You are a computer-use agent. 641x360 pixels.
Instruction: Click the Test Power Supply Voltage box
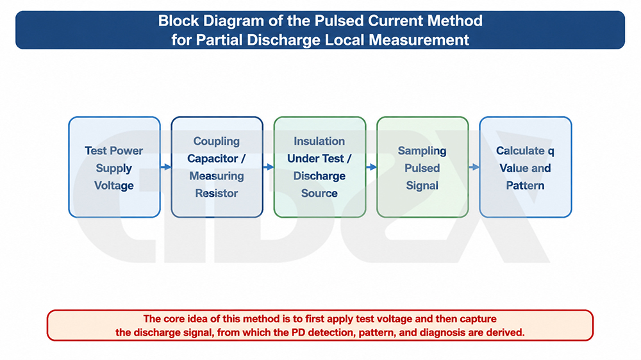(x=115, y=167)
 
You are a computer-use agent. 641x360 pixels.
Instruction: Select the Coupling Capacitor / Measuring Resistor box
(x=217, y=167)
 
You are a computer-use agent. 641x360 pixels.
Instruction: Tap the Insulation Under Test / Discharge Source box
(x=320, y=167)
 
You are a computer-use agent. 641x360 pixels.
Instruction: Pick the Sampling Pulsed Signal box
(x=422, y=167)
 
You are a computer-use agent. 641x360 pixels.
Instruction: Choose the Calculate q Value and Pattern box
(x=526, y=167)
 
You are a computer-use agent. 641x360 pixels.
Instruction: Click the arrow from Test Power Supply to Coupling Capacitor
(x=166, y=167)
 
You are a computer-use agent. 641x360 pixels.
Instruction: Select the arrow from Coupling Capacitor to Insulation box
(x=269, y=167)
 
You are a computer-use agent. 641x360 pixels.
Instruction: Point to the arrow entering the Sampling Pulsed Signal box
(x=371, y=167)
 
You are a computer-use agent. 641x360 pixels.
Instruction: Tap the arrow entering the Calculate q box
(x=474, y=167)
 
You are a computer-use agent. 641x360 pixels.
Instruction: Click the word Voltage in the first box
(x=114, y=186)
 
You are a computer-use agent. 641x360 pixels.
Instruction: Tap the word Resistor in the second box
(x=217, y=193)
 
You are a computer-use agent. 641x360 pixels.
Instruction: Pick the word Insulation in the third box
(x=319, y=142)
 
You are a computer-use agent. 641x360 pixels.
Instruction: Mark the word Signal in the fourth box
(x=422, y=186)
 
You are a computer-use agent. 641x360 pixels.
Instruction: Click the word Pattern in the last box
(x=526, y=186)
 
